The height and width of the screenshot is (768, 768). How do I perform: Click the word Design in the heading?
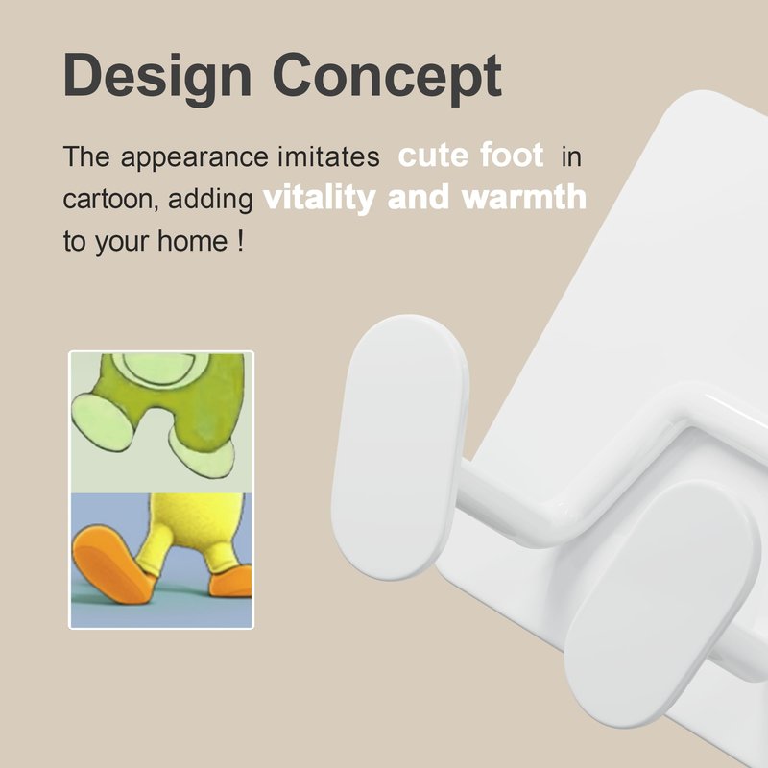tap(157, 79)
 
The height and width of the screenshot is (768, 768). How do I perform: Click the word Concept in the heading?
tap(387, 79)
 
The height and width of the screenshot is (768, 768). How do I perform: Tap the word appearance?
tap(194, 158)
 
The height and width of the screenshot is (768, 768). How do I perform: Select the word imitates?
tap(328, 156)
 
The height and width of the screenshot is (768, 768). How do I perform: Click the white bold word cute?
tap(434, 156)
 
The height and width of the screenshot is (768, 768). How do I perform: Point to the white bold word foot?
tap(512, 155)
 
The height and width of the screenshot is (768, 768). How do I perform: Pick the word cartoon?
tap(110, 200)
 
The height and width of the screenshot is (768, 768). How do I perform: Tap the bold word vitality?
tap(320, 199)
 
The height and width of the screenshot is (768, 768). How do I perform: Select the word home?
tap(193, 241)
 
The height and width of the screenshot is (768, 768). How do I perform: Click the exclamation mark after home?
tap(240, 242)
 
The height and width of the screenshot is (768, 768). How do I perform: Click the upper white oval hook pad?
tap(399, 446)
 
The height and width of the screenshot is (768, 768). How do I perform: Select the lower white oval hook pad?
tap(662, 604)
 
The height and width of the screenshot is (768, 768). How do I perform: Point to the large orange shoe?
tap(113, 564)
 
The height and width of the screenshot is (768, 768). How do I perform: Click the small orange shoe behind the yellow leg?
tap(231, 582)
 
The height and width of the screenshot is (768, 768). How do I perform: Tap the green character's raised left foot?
tap(102, 421)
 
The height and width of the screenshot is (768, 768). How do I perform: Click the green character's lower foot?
tap(203, 455)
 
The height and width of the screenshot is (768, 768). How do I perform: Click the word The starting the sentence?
tap(86, 156)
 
